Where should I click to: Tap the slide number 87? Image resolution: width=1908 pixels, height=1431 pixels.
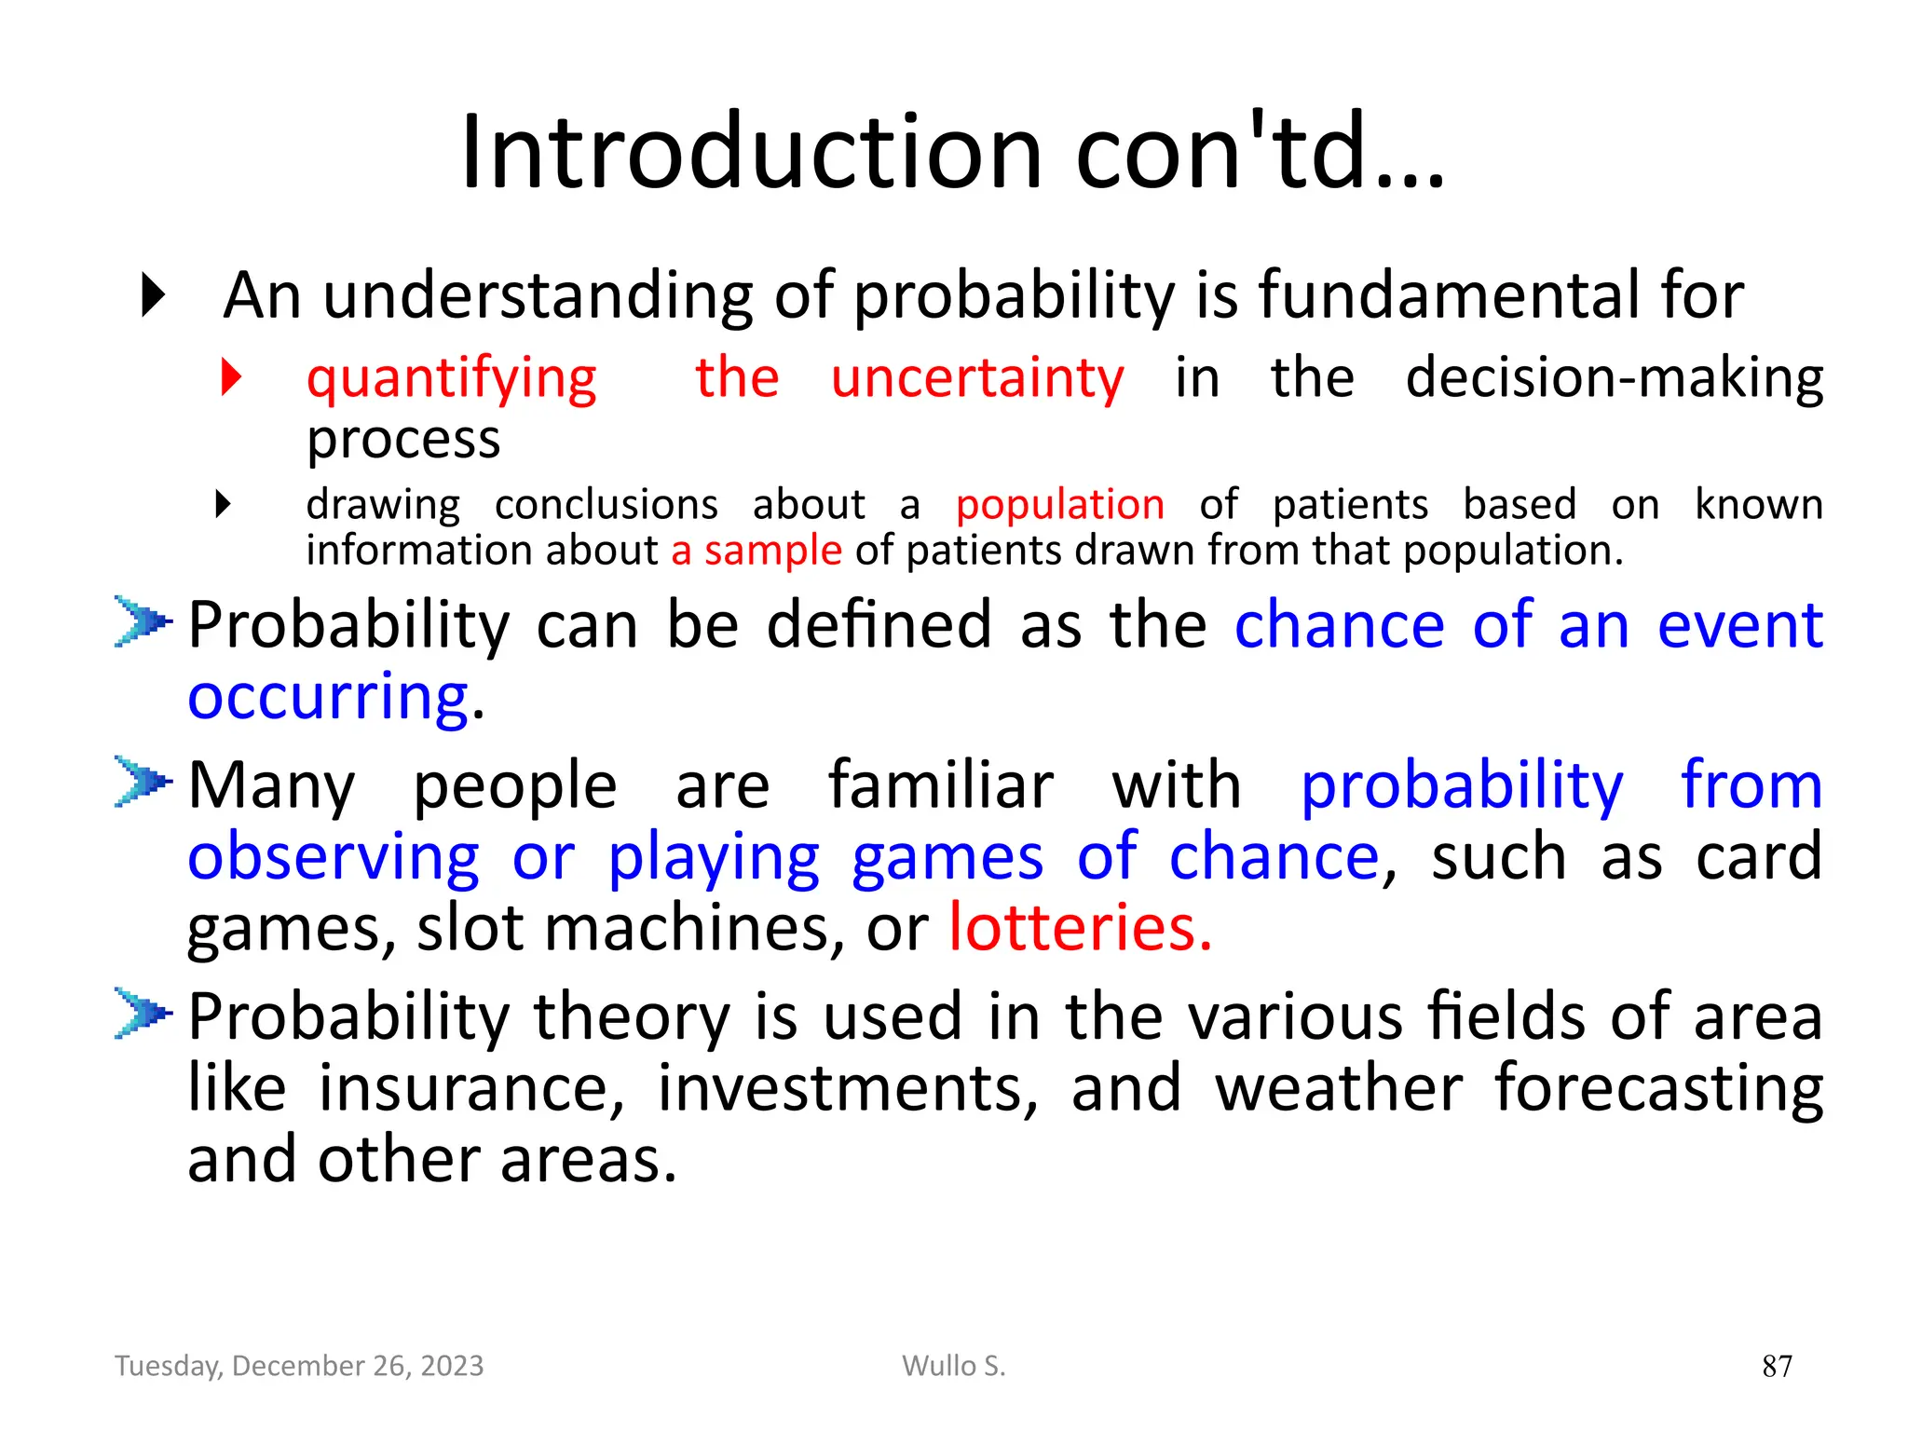[1777, 1366]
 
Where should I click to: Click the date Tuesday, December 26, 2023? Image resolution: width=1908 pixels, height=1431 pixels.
[299, 1366]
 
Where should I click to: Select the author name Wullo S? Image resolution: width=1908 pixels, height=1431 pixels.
[953, 1366]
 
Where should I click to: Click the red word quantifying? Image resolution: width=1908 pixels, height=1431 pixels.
[452, 379]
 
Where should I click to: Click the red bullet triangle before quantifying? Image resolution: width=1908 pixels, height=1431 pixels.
[231, 377]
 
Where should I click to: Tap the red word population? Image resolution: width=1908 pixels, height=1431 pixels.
[1059, 505]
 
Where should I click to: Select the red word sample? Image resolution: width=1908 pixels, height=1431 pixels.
[772, 551]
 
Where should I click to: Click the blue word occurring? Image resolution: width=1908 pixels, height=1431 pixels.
[328, 697]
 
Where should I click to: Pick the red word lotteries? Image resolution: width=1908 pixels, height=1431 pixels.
[1080, 928]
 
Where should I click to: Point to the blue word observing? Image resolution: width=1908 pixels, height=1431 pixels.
[334, 857]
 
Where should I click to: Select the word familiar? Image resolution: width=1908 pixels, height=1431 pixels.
[940, 785]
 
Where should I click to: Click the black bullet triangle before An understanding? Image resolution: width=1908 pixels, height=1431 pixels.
[153, 295]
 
